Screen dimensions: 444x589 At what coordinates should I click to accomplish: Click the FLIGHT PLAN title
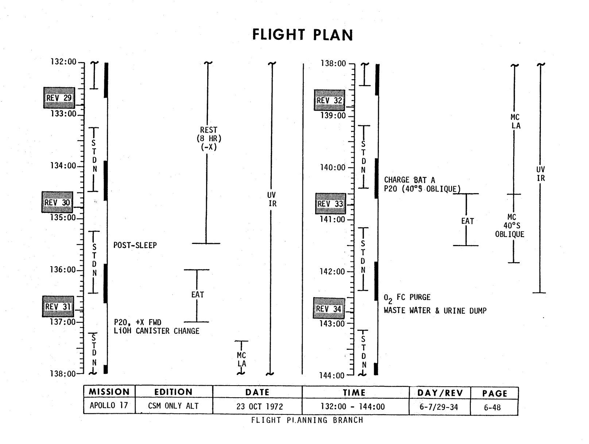302,35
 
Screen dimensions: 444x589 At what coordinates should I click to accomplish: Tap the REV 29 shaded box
59,98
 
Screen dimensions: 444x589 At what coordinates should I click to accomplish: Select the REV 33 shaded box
330,204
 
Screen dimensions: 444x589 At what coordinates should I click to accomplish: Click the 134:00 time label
63,166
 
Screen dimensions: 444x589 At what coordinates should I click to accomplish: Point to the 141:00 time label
332,220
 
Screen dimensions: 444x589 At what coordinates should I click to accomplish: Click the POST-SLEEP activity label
135,245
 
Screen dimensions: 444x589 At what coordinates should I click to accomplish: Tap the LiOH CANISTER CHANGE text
156,331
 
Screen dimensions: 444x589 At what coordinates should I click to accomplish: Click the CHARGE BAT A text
409,180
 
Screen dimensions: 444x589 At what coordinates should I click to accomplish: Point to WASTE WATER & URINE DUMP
435,311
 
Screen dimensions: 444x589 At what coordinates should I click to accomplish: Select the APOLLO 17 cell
109,406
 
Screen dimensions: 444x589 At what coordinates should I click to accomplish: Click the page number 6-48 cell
492,407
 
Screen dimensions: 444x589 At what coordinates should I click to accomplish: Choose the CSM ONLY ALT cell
173,406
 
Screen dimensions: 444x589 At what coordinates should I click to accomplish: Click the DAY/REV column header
440,393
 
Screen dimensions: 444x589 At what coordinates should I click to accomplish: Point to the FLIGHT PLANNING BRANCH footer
307,420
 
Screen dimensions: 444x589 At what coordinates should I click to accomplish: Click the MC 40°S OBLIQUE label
510,226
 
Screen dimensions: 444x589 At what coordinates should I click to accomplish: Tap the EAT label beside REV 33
467,221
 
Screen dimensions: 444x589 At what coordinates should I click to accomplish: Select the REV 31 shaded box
58,307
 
